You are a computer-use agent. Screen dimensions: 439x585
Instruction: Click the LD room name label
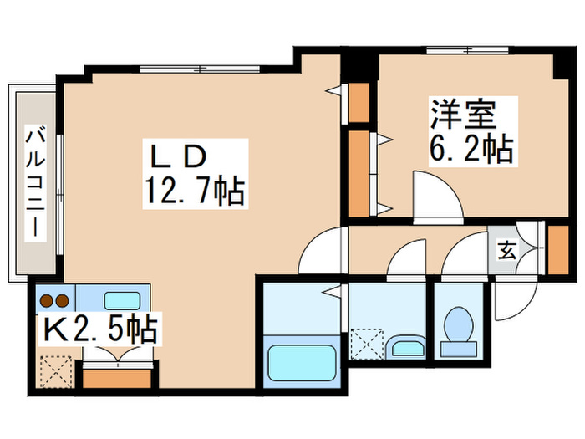(x=178, y=156)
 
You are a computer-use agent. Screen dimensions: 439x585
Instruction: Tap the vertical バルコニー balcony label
(x=35, y=183)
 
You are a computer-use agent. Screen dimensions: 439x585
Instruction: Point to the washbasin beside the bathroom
(x=406, y=347)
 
